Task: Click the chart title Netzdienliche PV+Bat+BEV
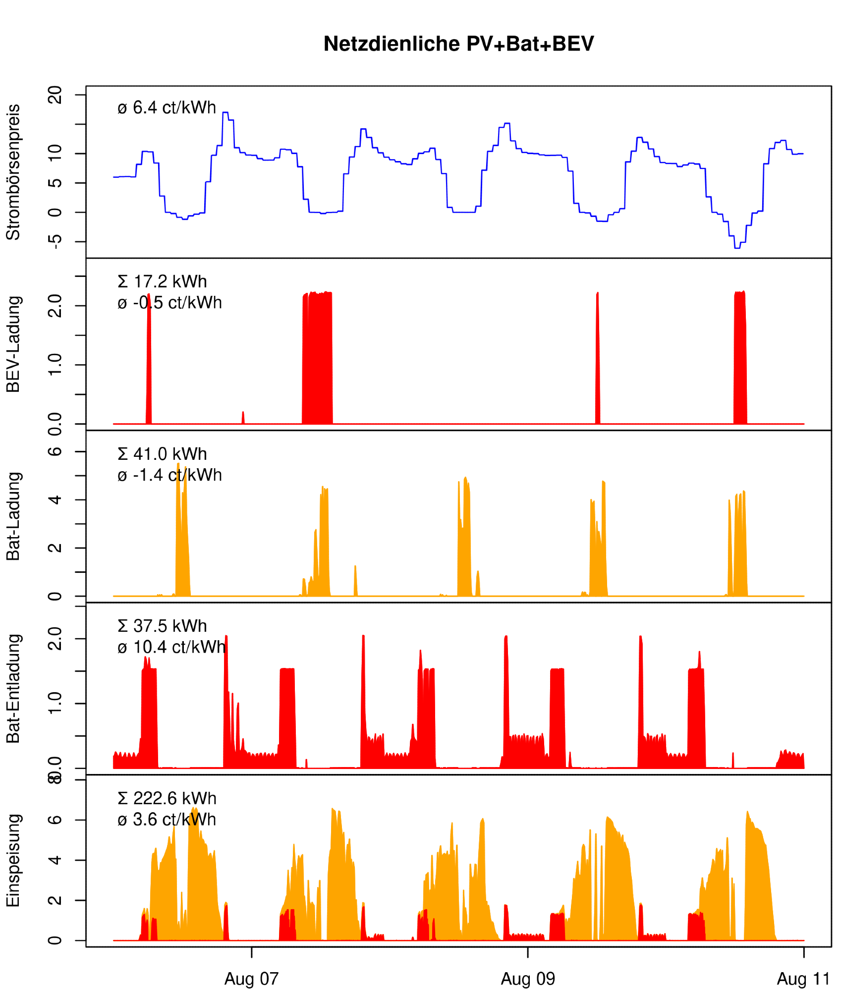click(x=458, y=44)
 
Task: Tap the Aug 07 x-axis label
click(x=251, y=979)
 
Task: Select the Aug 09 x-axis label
click(x=528, y=979)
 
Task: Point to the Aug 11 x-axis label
click(x=803, y=979)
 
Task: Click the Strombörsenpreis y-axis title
click(x=13, y=172)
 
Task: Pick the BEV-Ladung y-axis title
click(x=13, y=344)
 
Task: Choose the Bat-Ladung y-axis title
click(x=13, y=516)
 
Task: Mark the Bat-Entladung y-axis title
click(x=13, y=689)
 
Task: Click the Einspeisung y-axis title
click(x=13, y=861)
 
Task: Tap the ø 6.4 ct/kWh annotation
click(x=167, y=108)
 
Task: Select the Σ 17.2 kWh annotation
click(x=162, y=281)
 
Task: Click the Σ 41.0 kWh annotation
click(x=162, y=454)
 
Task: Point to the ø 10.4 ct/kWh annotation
click(x=171, y=647)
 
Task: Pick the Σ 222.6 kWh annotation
click(x=167, y=798)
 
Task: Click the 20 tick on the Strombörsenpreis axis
click(x=55, y=95)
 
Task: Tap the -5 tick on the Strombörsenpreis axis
click(x=55, y=241)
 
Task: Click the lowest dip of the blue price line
click(x=737, y=248)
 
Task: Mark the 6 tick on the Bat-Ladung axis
click(x=55, y=451)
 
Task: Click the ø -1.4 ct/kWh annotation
click(x=169, y=475)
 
